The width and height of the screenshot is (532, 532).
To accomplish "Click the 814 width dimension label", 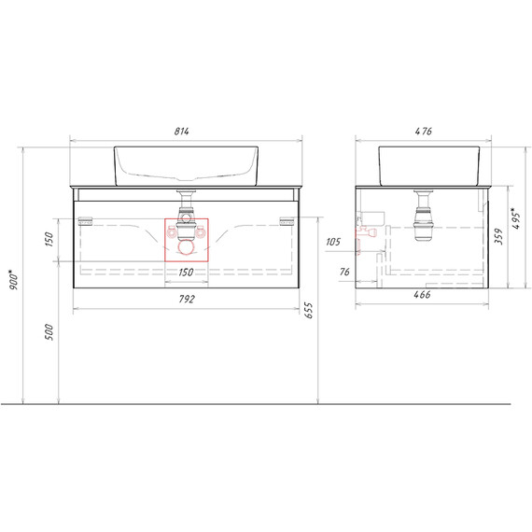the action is [181, 131].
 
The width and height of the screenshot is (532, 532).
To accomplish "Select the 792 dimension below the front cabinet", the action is [187, 299].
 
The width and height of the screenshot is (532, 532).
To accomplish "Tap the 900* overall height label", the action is [14, 280].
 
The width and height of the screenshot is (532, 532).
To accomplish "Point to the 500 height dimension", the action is [49, 332].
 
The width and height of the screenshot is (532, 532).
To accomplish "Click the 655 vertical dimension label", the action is [308, 310].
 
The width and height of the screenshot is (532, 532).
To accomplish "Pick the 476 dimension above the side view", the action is [424, 131].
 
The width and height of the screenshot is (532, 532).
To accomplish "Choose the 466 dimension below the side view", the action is [422, 295].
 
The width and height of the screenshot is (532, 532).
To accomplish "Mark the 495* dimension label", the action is [516, 218].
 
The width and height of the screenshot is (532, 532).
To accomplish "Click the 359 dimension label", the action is [498, 236].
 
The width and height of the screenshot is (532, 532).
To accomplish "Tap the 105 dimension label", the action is [333, 242].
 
